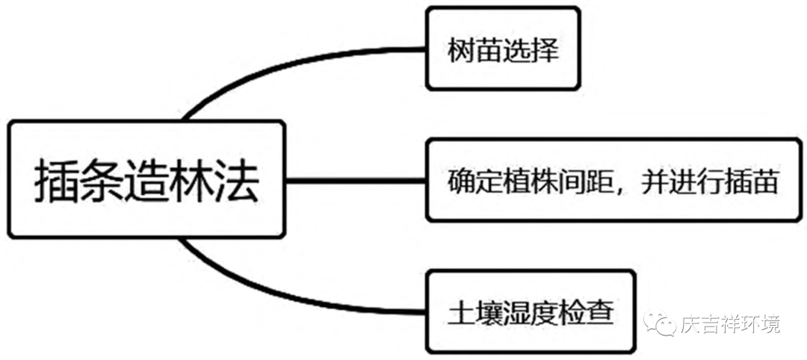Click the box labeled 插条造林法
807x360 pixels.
pos(146,179)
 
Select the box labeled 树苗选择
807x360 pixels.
pos(502,49)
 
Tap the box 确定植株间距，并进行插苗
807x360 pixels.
pos(613,179)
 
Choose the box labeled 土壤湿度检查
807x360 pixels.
pos(530,311)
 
